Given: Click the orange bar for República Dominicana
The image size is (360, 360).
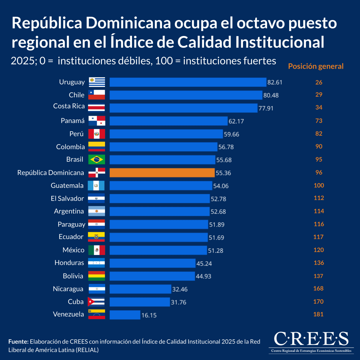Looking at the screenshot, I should (162, 172).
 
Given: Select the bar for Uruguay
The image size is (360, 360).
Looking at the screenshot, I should (188, 82).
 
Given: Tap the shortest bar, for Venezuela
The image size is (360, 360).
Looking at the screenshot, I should (125, 315).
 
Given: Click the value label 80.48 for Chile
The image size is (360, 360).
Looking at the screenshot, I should (271, 95).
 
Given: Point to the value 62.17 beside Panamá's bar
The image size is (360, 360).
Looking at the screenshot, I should (236, 121).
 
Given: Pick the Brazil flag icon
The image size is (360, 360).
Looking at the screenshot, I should (97, 160).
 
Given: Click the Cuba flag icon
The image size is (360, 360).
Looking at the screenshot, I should (96, 301).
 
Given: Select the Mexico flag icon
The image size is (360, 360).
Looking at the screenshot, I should (97, 250).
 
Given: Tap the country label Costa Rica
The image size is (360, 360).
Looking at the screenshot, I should (69, 106).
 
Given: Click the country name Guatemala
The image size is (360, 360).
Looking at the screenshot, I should (67, 185).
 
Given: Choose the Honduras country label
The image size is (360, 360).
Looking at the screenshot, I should (69, 263).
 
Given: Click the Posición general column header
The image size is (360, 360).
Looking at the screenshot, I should (316, 66).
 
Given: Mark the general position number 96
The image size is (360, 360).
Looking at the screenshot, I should (319, 172).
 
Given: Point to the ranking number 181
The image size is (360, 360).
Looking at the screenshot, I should (318, 314).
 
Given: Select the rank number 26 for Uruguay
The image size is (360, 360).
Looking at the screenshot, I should (319, 82).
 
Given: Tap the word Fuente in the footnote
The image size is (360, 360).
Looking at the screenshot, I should (18, 341).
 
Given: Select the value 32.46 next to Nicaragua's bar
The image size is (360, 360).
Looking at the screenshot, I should (180, 289).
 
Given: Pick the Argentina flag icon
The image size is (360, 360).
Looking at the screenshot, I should (97, 211).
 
